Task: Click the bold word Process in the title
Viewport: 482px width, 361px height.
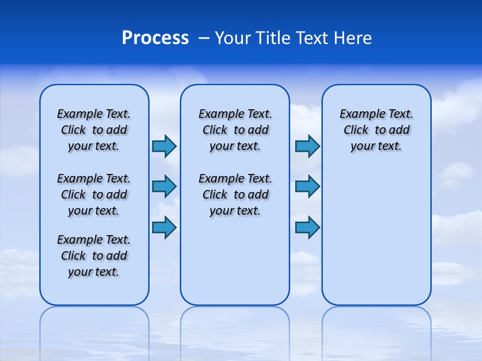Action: tap(155, 38)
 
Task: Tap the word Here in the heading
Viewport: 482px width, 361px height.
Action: tap(354, 38)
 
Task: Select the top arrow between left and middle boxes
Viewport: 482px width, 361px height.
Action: tap(164, 146)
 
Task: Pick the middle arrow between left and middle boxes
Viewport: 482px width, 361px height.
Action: tap(164, 187)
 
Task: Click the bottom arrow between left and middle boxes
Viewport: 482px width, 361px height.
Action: tap(164, 227)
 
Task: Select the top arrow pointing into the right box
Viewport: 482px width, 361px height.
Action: tap(307, 146)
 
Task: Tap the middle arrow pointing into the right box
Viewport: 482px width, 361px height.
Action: tap(307, 187)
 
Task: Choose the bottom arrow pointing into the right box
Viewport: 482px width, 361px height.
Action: tap(307, 227)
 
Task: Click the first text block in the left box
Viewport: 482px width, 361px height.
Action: tap(94, 130)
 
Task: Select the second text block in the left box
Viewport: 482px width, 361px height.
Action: tap(94, 195)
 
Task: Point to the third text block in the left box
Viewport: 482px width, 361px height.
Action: tap(94, 256)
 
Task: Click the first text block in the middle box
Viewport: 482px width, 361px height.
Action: tap(235, 130)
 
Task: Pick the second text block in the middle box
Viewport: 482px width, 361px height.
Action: tap(235, 195)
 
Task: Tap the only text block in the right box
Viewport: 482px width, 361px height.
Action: tap(376, 130)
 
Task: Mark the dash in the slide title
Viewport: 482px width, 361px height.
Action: tap(204, 39)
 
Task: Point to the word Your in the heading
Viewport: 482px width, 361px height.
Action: tap(232, 38)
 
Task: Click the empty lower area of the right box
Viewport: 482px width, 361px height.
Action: tap(376, 241)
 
